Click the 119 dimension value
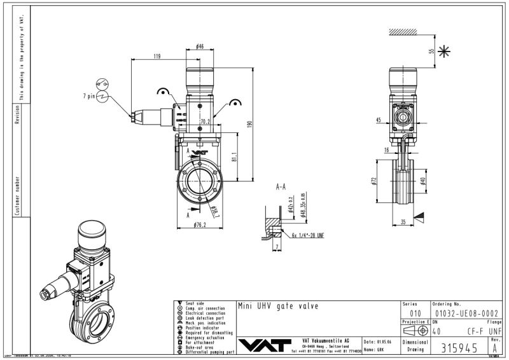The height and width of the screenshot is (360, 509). click(x=157, y=57)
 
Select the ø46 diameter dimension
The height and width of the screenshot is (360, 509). click(x=200, y=46)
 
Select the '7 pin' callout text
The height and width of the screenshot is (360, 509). click(x=88, y=95)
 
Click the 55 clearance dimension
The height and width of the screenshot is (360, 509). click(x=431, y=50)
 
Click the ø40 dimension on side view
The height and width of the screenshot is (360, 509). click(x=423, y=183)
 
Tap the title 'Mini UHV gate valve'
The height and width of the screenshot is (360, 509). click(x=277, y=306)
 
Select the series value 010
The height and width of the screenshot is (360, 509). click(x=415, y=313)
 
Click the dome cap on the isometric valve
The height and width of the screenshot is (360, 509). click(x=93, y=233)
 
